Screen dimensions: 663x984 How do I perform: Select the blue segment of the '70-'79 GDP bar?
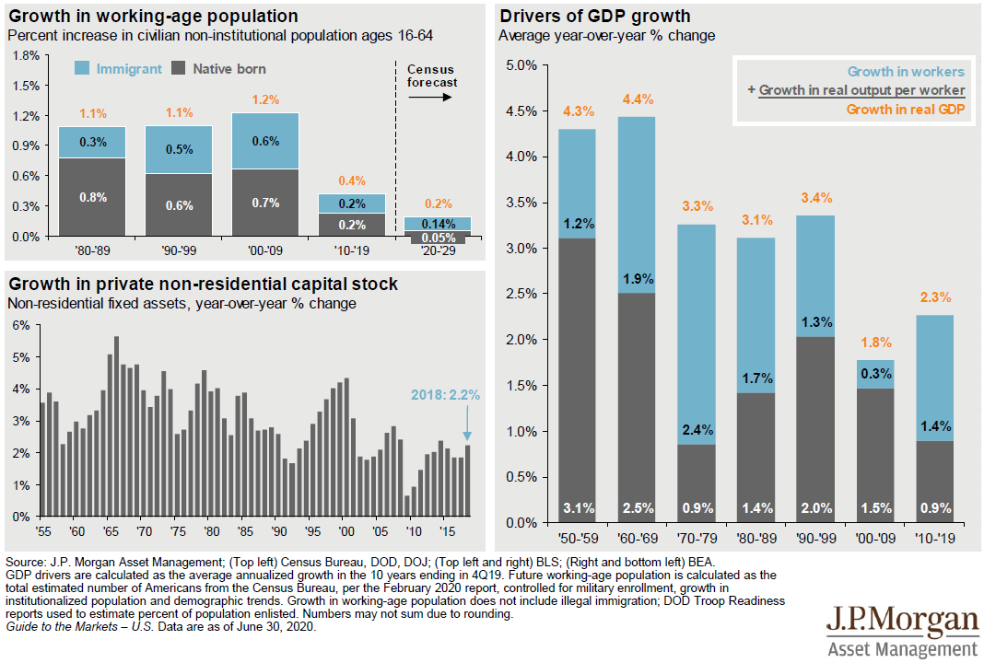[697, 331]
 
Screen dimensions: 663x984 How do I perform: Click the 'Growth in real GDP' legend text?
[905, 109]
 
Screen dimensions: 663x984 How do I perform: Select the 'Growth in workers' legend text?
[906, 72]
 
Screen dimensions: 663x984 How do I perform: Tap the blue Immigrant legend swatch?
[81, 68]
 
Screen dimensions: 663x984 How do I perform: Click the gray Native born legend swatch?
[179, 68]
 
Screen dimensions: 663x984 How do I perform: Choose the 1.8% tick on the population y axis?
[25, 55]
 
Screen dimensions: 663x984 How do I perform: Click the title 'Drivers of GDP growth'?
[594, 17]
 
